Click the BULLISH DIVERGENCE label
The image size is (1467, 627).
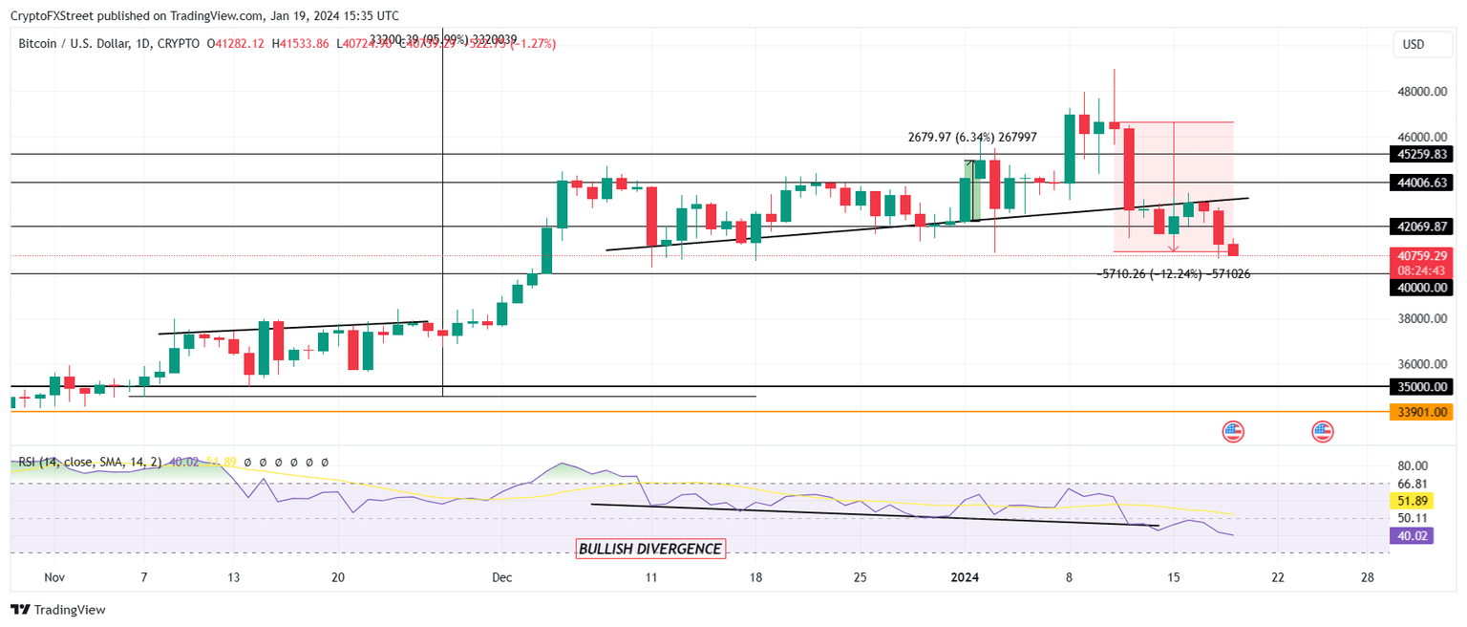649,549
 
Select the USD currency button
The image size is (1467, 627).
1413,44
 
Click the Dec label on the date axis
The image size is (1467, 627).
501,577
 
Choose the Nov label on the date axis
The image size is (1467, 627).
54,577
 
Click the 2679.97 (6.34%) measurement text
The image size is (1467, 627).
969,138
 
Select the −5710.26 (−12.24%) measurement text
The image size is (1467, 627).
1174,273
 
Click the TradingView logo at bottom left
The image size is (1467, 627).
58,609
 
